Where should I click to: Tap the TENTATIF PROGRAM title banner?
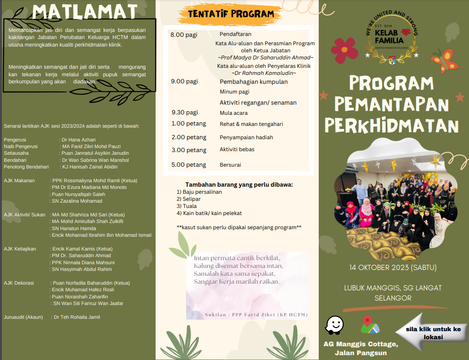[x=231, y=14]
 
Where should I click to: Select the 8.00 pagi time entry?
[x=184, y=35]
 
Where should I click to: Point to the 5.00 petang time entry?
[x=188, y=165]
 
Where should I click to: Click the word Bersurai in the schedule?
[x=231, y=165]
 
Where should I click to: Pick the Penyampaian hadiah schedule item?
[x=246, y=137]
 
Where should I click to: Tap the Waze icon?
[x=335, y=325]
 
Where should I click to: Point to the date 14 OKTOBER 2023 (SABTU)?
[x=393, y=267]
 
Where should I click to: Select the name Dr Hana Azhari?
[x=79, y=140]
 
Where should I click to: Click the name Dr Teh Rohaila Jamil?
[x=77, y=317]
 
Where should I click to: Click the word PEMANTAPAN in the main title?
[x=391, y=104]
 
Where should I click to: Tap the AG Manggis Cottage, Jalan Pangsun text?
[x=360, y=348]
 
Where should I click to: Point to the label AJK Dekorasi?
[x=19, y=283]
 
